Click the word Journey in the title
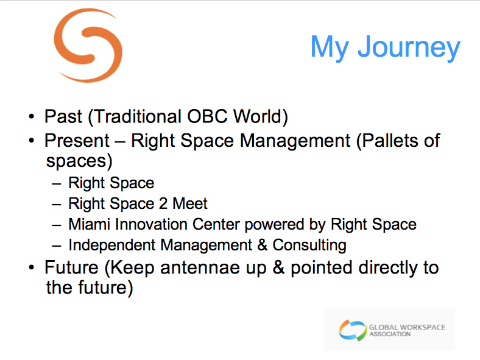click(409, 48)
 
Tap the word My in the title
click(330, 48)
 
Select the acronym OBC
click(207, 116)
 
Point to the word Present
click(77, 141)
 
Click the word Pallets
click(388, 141)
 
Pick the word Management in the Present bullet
click(295, 141)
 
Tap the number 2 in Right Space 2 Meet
click(163, 203)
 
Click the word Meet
click(190, 203)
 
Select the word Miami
click(89, 224)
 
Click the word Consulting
click(309, 245)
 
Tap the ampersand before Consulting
click(262, 245)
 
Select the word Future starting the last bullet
click(71, 267)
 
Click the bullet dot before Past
click(31, 116)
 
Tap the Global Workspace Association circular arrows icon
click(353, 330)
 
